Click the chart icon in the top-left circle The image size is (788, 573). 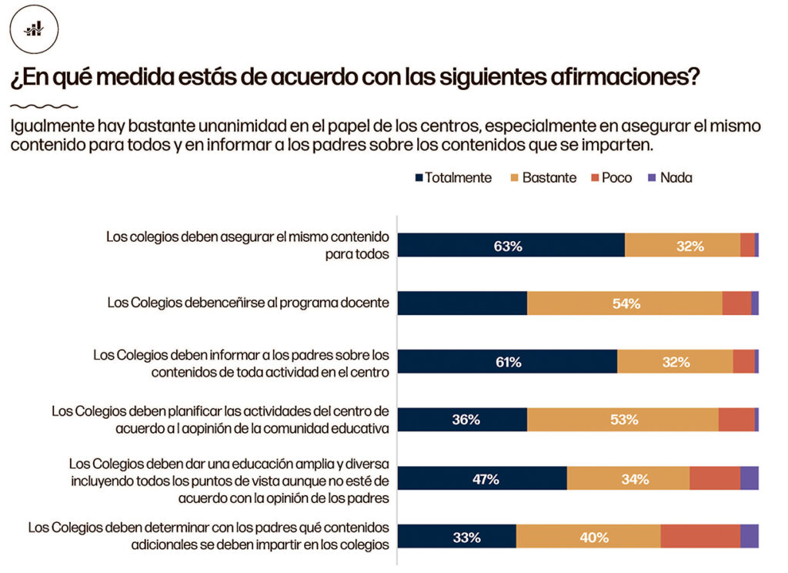tap(34, 28)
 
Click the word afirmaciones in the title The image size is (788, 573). tap(623, 78)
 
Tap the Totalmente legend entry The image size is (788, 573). tap(453, 178)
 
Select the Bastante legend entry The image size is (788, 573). tap(543, 178)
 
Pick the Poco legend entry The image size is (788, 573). tap(610, 178)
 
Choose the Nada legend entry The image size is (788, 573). tap(670, 178)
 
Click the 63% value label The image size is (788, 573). tap(508, 246)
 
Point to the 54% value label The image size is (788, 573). tap(626, 303)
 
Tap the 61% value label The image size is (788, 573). tap(508, 362)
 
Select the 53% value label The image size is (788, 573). tap(623, 420)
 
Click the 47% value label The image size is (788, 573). tap(485, 479)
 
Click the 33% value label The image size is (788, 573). tap(466, 537)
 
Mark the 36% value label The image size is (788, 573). tap(466, 420)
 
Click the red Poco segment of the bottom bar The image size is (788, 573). tap(700, 536)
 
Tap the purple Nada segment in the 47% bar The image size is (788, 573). tap(749, 478)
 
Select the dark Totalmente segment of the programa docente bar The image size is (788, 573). tap(462, 303)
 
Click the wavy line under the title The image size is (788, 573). tap(44, 106)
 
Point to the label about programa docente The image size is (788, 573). tap(248, 303)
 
